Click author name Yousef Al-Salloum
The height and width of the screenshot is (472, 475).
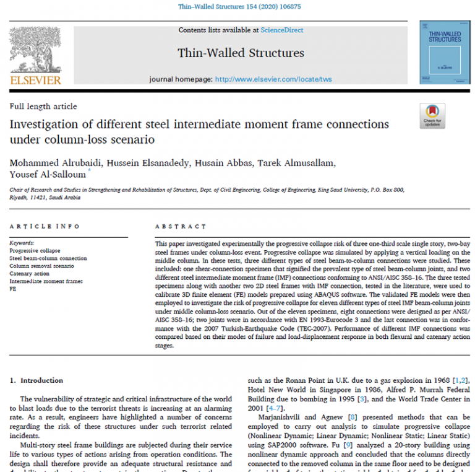[48, 175]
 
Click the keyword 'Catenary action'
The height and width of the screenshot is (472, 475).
[30, 273]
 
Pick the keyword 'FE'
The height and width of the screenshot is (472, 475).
[13, 288]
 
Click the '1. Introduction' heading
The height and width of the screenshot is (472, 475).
[37, 380]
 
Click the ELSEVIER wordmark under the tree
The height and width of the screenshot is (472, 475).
[35, 81]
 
